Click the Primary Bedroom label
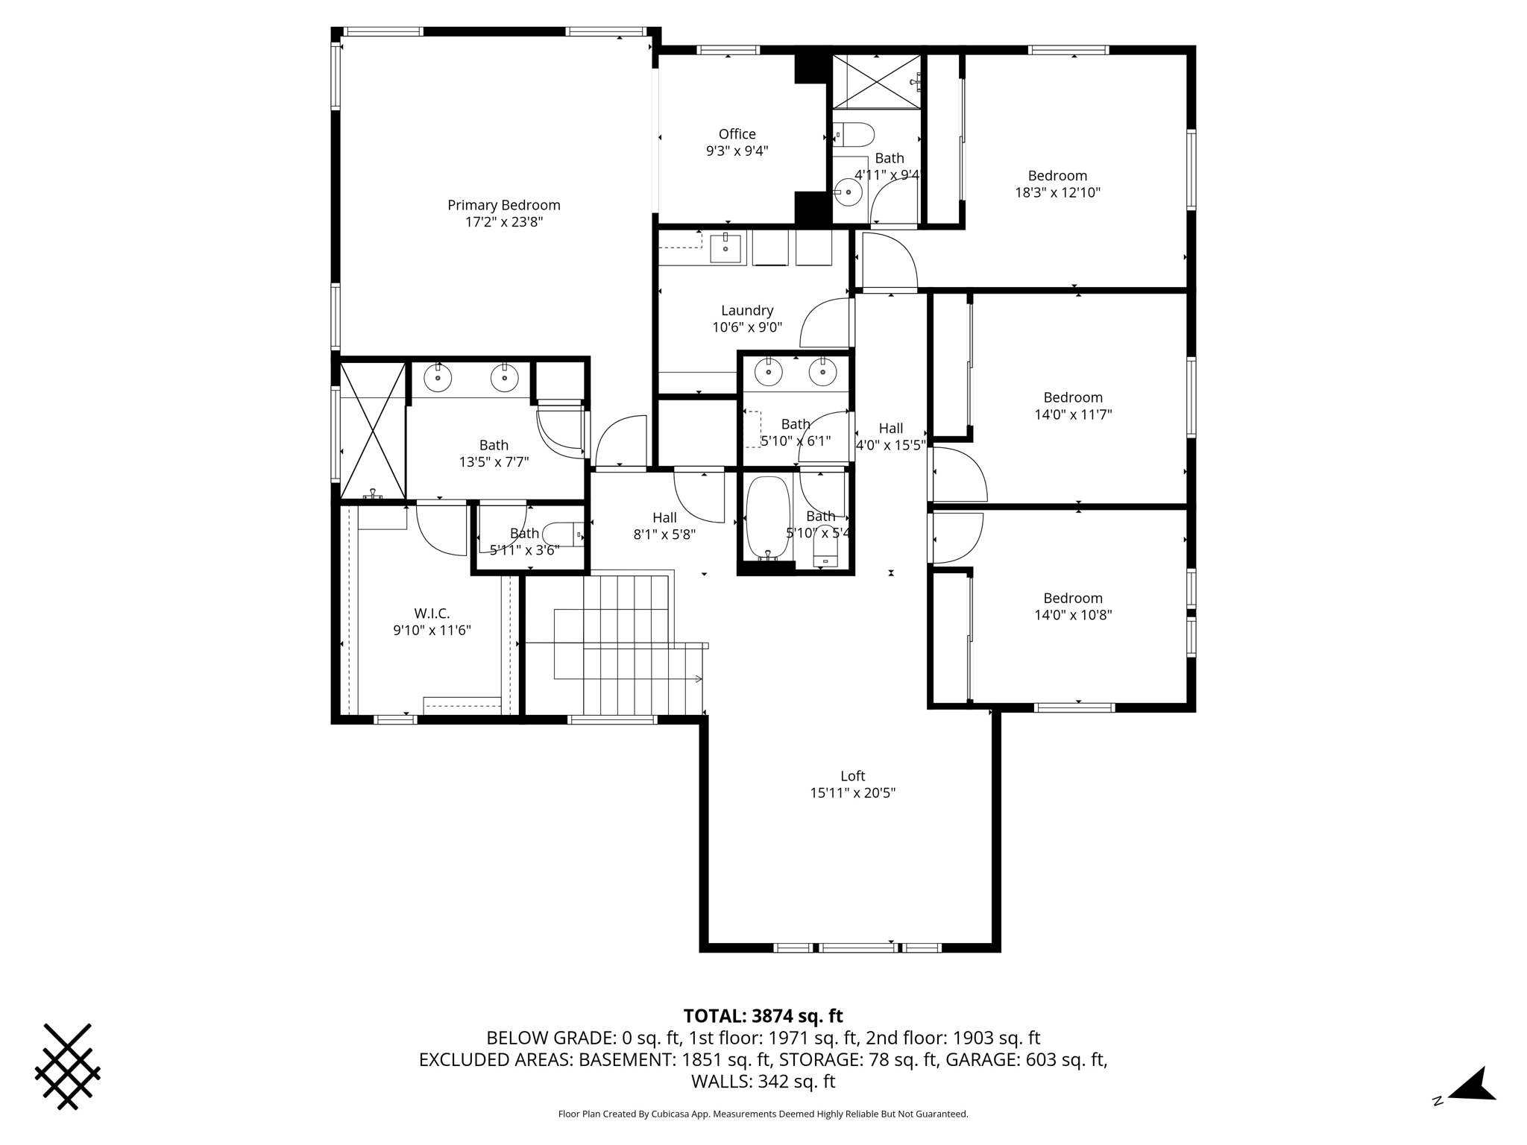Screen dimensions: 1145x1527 (503, 205)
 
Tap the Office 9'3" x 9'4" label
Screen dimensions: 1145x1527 (737, 142)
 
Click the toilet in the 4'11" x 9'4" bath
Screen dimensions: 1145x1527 (854, 136)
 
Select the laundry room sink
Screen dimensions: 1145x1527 (725, 247)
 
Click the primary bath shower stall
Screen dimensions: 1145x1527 (373, 430)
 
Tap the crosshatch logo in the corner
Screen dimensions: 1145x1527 (67, 1066)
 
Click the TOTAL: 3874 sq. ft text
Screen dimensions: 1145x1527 (763, 1016)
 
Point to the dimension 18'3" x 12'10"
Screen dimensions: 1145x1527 (1057, 192)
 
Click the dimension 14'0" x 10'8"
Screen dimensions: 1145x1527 (1073, 615)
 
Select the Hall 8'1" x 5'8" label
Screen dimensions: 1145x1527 (664, 526)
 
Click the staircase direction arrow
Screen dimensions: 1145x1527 (698, 678)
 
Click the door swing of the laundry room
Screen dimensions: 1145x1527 (824, 324)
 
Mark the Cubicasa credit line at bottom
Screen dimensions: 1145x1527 (763, 1114)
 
